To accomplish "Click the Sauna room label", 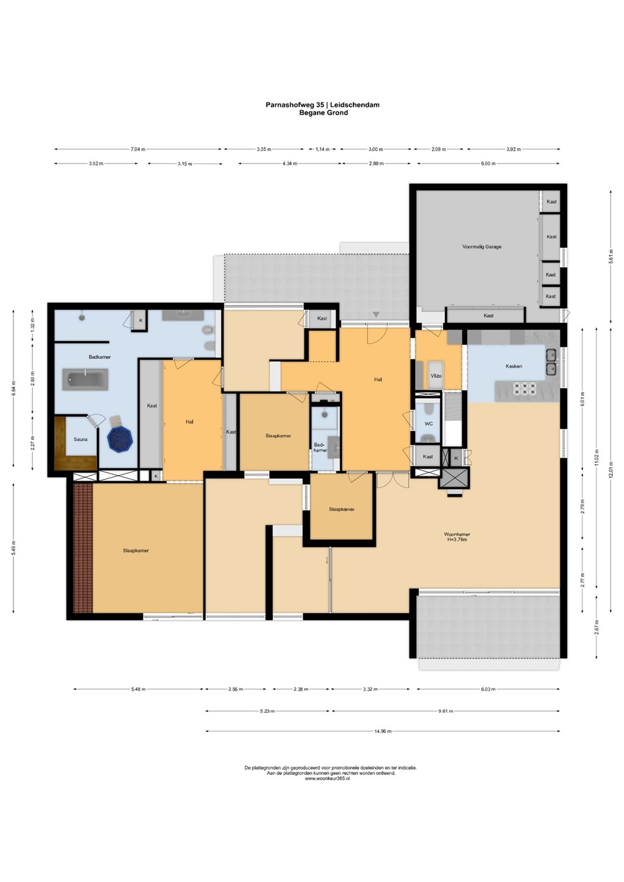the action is [x=80, y=439].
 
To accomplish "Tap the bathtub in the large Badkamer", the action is [x=85, y=379].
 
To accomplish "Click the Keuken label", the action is [x=514, y=366].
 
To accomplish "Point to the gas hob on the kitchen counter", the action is [x=524, y=388].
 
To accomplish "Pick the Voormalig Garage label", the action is [x=482, y=246].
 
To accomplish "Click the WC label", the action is [x=428, y=423].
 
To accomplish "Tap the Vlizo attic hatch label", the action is [x=436, y=375].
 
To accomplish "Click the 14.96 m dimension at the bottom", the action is [x=383, y=731].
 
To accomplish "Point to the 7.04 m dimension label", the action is [x=138, y=149].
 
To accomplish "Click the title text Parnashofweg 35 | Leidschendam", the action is [x=322, y=105].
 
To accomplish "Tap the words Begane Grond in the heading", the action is [x=324, y=113].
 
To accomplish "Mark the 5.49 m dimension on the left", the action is [x=13, y=548].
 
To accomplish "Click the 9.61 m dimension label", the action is [x=446, y=710].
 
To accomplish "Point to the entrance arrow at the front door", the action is [x=376, y=314].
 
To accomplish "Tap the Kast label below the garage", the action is [x=489, y=315].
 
